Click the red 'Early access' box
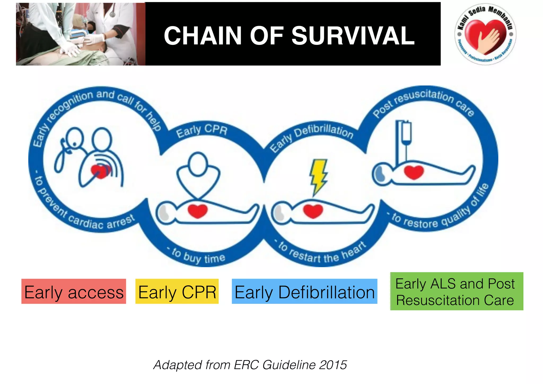pos(74,291)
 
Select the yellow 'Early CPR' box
pos(177,291)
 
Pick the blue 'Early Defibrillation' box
pos(304,291)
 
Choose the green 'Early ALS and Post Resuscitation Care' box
pos(457,291)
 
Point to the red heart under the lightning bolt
pos(313,211)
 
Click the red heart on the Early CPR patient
pos(198,211)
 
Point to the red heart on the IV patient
pos(414,172)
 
